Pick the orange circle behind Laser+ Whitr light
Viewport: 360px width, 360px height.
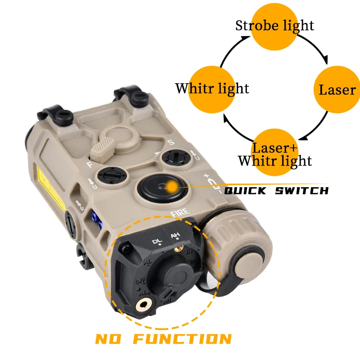coord(275,151)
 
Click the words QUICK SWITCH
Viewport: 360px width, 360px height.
coord(276,191)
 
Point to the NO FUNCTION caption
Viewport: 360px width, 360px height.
coord(163,338)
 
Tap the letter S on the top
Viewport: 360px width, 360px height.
coord(171,143)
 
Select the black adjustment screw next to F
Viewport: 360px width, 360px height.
coord(109,175)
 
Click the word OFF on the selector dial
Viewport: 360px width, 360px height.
coord(139,282)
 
